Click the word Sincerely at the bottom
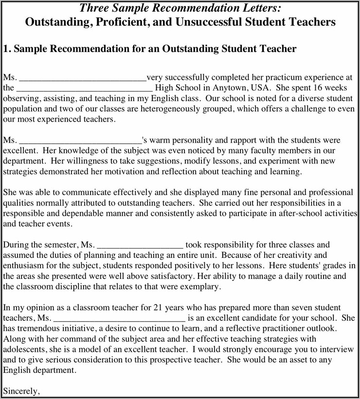pos(21,390)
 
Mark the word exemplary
pos(199,287)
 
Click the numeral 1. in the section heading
pos(7,49)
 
